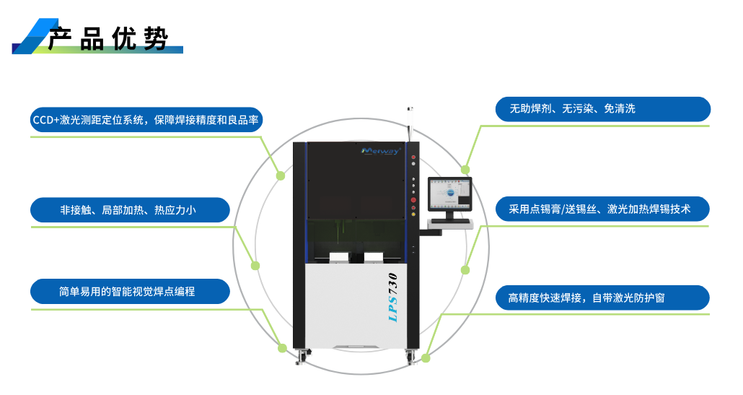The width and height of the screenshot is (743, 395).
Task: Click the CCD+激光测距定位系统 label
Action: [146, 120]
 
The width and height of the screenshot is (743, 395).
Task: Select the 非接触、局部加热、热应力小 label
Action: [130, 210]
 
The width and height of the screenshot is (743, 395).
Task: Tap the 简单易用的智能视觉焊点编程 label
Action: [130, 292]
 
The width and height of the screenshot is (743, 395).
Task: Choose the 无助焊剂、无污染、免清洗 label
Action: [602, 109]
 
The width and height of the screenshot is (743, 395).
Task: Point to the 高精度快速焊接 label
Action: [602, 298]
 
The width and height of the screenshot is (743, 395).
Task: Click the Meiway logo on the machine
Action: [380, 151]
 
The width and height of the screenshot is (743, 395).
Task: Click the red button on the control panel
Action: [413, 200]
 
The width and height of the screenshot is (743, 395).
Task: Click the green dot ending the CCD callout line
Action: [281, 175]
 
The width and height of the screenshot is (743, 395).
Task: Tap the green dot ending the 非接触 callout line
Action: [255, 266]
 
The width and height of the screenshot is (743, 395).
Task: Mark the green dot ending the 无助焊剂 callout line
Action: [466, 170]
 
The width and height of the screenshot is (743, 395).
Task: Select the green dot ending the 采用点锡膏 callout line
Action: [465, 270]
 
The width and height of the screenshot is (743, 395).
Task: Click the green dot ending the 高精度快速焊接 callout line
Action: [426, 357]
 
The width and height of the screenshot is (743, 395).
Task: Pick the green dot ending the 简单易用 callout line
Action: [282, 348]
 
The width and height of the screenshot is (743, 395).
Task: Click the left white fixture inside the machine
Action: [339, 258]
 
